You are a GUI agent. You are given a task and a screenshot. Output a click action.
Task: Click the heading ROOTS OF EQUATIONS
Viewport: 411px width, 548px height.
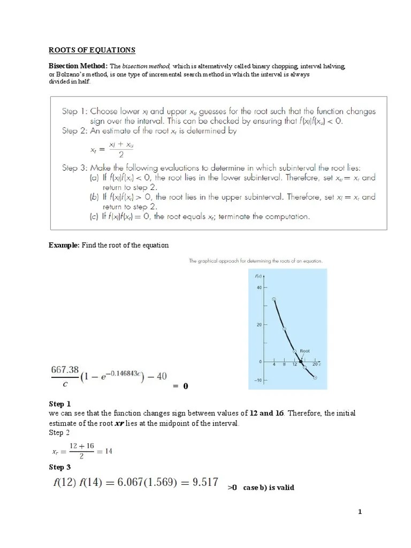(x=92, y=50)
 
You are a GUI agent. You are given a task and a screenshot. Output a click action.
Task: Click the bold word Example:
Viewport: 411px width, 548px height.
(x=64, y=245)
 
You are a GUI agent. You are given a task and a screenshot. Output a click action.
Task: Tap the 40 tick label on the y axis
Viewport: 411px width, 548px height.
(x=258, y=287)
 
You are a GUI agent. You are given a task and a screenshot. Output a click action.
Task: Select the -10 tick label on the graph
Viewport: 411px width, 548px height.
(x=257, y=380)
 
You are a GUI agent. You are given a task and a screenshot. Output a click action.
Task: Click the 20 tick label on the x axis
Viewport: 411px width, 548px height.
(x=315, y=364)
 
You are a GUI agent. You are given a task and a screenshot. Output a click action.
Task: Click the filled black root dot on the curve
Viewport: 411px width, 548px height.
(x=300, y=362)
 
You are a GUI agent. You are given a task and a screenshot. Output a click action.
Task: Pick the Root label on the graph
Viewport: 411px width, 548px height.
(x=305, y=351)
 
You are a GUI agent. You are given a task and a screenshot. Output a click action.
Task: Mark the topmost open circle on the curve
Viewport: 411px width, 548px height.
(x=274, y=299)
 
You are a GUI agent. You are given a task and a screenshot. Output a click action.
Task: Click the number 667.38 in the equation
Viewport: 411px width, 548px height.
(x=65, y=369)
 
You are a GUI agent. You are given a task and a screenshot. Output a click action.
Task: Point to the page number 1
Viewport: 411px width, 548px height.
(x=360, y=512)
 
